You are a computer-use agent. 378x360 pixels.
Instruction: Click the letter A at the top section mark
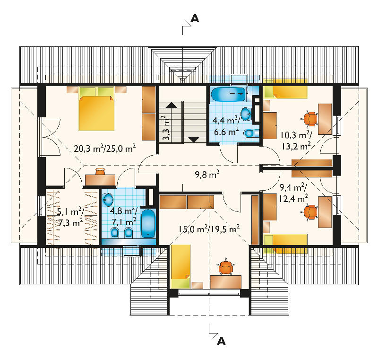point(195,18)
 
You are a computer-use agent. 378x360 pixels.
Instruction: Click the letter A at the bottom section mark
point(221,341)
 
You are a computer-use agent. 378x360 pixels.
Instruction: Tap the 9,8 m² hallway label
point(207,174)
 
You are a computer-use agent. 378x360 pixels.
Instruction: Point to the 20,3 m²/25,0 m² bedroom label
point(104,148)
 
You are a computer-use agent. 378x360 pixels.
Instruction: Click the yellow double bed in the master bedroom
point(96,109)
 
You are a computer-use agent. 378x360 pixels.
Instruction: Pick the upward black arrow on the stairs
point(171,105)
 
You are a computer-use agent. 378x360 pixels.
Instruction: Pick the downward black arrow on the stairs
point(194,139)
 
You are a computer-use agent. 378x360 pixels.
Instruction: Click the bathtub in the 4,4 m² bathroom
point(228,94)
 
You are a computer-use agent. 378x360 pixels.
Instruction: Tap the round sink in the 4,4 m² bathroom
point(246,114)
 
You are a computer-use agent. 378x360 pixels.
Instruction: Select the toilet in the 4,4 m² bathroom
point(250,133)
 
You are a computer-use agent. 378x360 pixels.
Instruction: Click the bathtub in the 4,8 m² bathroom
point(148,224)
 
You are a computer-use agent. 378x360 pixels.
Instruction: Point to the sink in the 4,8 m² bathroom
point(108,200)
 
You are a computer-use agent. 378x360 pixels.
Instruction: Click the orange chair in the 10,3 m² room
point(310,118)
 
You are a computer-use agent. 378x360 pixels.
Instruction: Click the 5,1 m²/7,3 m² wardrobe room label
point(70,217)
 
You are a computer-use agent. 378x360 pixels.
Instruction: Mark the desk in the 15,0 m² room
point(226,282)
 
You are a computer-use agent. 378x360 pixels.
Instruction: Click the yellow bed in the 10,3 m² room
point(285,89)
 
